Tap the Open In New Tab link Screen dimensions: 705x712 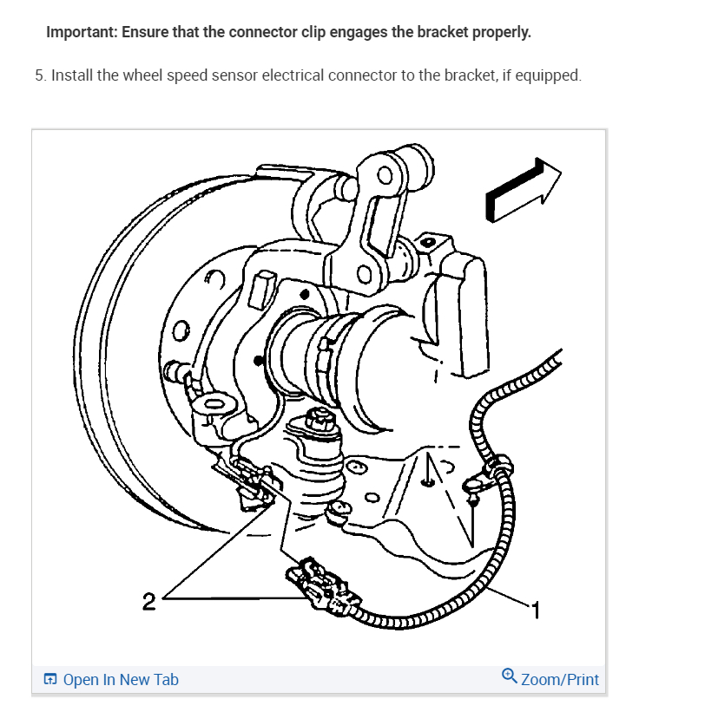pyautogui.click(x=121, y=679)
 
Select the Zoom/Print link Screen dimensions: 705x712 pyautogui.click(x=559, y=679)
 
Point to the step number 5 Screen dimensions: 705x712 pyautogui.click(x=39, y=75)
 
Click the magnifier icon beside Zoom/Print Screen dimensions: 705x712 pyautogui.click(x=510, y=676)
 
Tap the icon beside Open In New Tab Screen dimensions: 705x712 pyautogui.click(x=50, y=679)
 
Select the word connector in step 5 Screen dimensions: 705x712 pyautogui.click(x=361, y=75)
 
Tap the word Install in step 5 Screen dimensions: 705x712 pyautogui.click(x=72, y=75)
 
